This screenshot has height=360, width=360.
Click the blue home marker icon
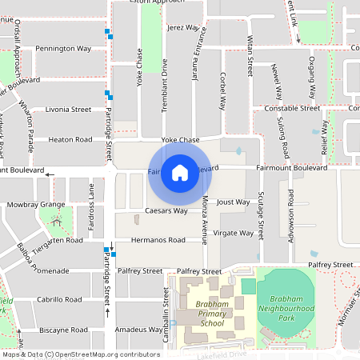pos(180,173)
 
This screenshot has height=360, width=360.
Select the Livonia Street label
pos(69,109)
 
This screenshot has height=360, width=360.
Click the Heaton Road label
pos(70,139)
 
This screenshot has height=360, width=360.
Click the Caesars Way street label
pos(166,211)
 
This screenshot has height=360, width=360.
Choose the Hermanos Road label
pos(158,240)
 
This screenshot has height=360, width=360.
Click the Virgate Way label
pos(234,234)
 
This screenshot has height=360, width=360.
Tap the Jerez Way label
pos(183,27)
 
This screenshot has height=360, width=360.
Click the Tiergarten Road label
pos(55,240)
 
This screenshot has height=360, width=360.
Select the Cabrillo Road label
pos(59,299)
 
